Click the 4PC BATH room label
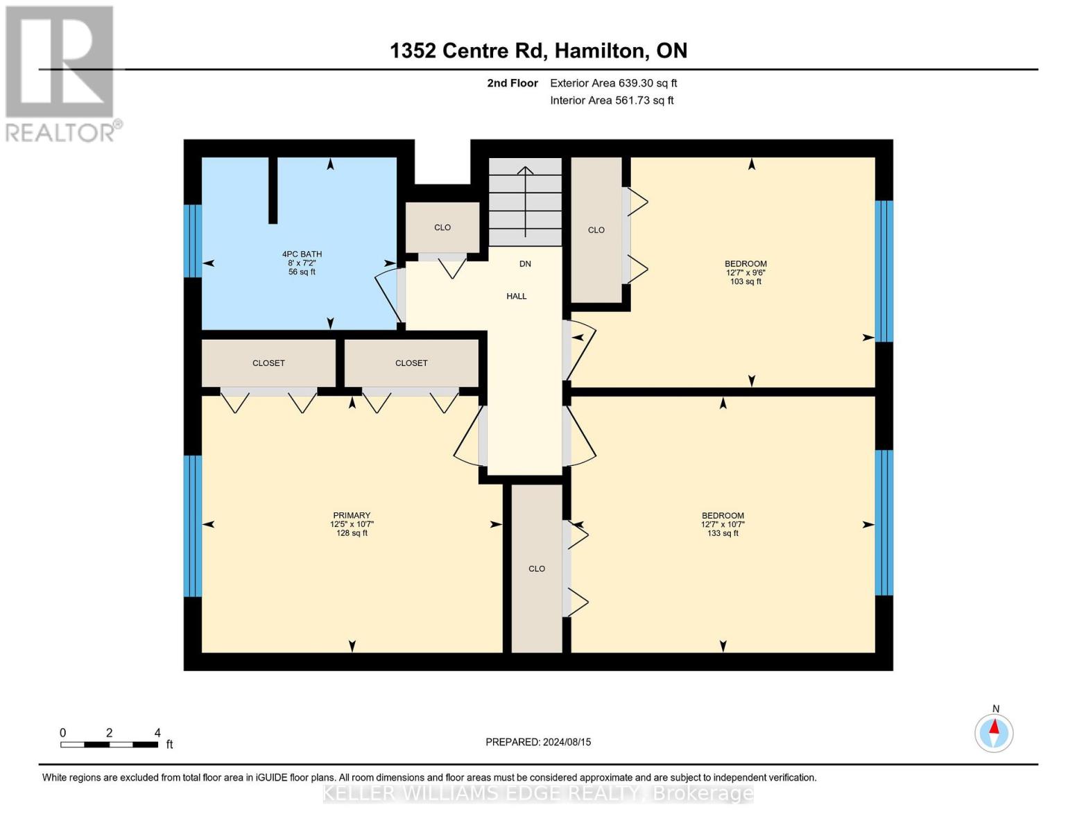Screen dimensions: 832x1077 click(302, 263)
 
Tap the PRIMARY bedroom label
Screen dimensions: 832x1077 click(352, 524)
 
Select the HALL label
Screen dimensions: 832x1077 click(516, 296)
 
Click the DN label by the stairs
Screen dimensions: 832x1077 click(525, 263)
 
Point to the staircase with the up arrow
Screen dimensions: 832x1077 click(525, 201)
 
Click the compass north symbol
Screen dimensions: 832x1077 click(994, 732)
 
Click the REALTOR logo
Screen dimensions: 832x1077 click(60, 73)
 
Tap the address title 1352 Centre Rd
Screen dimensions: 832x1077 click(538, 51)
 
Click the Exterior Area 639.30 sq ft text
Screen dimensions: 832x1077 click(613, 83)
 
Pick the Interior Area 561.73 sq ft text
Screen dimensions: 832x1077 click(612, 101)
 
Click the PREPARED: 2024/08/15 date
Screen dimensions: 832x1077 click(538, 742)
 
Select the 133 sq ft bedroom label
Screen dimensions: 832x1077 click(723, 524)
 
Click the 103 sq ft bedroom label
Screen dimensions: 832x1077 click(746, 272)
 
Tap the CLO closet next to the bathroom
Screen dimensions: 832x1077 click(442, 227)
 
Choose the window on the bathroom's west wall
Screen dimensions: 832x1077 click(193, 241)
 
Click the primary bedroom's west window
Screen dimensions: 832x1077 click(193, 526)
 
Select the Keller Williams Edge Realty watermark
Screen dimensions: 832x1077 click(538, 793)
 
